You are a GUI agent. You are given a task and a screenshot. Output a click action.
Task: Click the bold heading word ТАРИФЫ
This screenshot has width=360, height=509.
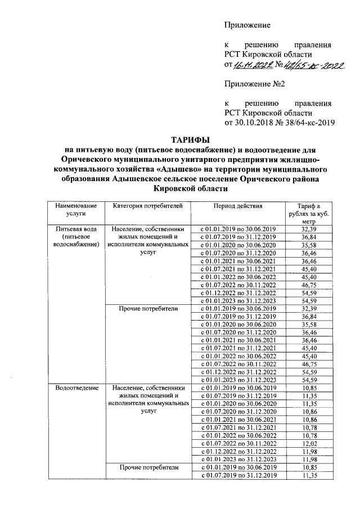coord(191,139)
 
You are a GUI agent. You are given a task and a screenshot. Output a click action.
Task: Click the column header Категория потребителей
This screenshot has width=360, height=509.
coord(147,207)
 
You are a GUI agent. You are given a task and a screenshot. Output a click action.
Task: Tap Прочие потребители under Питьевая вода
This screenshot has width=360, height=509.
coord(147,309)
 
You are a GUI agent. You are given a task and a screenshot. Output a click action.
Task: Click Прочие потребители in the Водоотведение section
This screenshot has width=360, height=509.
coord(147,467)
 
